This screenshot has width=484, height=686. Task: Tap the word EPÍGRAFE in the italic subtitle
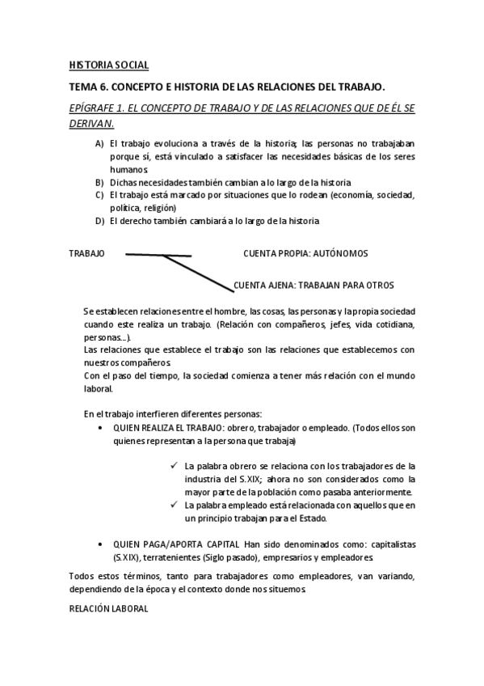(x=95, y=108)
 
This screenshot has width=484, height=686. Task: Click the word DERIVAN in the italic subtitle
(x=90, y=124)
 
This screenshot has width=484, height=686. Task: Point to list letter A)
(x=99, y=143)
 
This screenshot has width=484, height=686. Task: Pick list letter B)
(x=99, y=182)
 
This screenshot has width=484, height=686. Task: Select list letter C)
(x=99, y=195)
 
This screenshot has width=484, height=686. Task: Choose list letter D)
(x=99, y=221)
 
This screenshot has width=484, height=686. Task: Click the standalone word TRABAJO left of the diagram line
(x=86, y=253)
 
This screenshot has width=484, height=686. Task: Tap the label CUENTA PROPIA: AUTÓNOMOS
(x=305, y=253)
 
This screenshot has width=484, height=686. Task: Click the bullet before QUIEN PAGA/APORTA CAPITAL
(x=99, y=544)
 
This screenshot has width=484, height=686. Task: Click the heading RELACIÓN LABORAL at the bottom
(x=108, y=608)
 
